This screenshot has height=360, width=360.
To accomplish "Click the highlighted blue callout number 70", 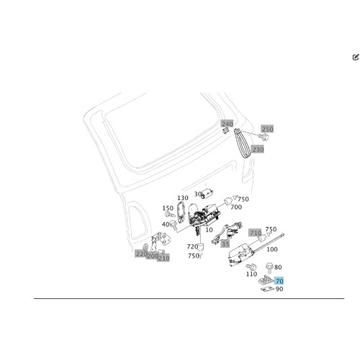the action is coord(279,281).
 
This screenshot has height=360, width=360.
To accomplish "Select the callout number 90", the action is coord(279,289).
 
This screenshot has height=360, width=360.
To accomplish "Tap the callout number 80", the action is coord(278,267).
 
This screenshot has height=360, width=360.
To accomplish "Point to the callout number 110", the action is coord(251,274).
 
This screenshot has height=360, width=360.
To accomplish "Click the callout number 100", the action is coord(272,249).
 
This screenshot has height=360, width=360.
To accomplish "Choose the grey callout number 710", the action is coord(256,233).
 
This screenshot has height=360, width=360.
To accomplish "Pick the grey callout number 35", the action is coord(225,244).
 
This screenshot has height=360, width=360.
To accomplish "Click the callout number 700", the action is coord(236,207).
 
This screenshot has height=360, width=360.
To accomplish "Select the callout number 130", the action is coord(183,198).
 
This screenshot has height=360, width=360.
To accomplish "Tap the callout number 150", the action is coord(168,208).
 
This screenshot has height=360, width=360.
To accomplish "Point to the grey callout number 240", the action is coord(227,124).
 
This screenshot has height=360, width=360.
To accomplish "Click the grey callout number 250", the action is coord(267,129).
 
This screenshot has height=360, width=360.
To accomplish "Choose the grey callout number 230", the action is coord(258,149).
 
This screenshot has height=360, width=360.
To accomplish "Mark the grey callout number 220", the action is coord(141,253).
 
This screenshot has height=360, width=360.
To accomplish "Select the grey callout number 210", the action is coord(163,258).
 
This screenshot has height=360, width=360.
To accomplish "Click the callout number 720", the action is coord(192,246).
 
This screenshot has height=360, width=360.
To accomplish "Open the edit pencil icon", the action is coord(356,57).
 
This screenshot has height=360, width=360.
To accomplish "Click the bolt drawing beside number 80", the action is coord(270,268).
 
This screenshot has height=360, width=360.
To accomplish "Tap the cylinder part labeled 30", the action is coord(207,194).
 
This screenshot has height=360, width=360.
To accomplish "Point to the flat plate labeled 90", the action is coord(267,289).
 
